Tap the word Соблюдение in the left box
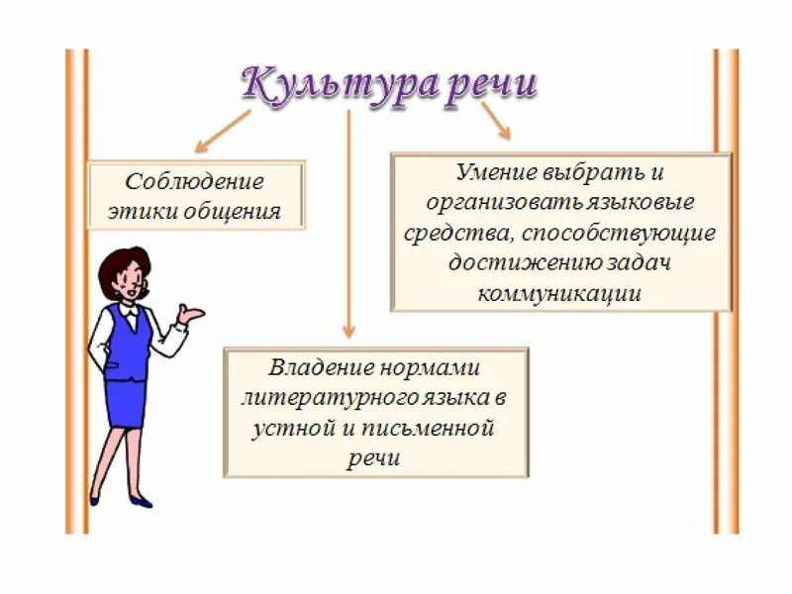click(195, 183)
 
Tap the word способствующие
click(628, 234)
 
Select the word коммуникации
click(559, 294)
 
